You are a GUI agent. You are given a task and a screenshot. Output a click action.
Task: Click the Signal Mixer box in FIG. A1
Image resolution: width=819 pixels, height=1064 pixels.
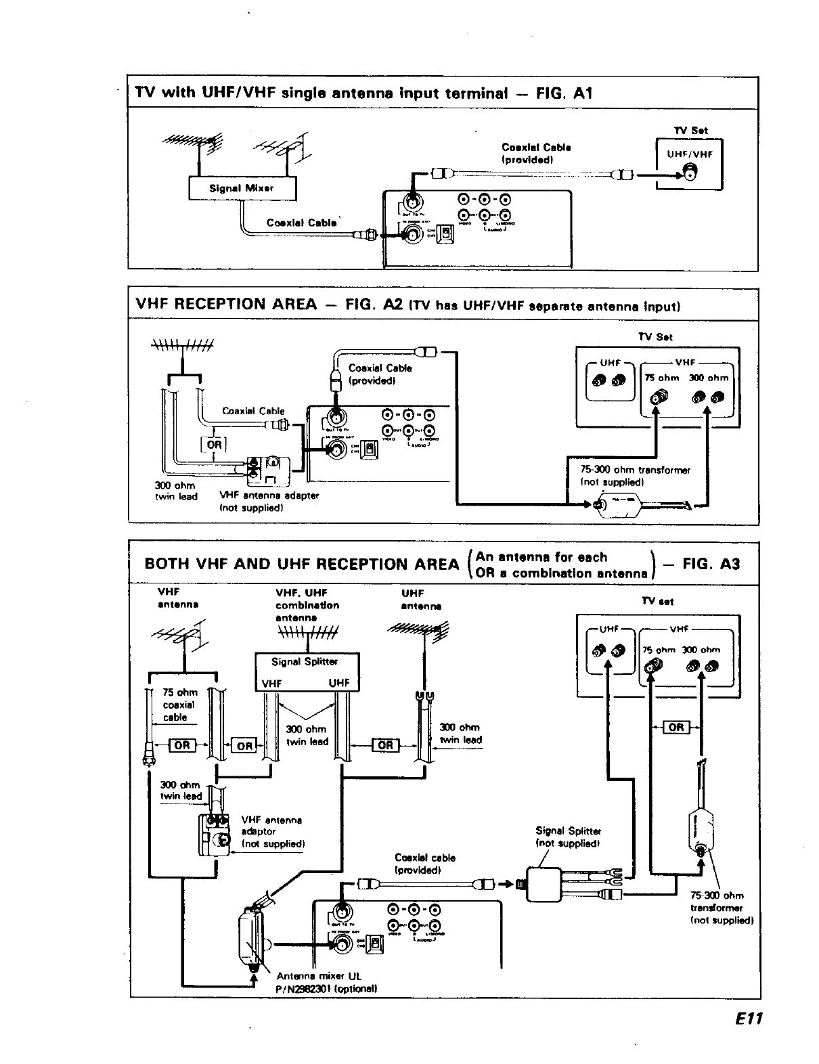click(242, 188)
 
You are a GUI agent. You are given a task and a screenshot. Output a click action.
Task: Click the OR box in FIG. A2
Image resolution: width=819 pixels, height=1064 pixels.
click(214, 444)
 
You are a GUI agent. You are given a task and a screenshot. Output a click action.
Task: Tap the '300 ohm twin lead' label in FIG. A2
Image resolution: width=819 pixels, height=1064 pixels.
click(175, 491)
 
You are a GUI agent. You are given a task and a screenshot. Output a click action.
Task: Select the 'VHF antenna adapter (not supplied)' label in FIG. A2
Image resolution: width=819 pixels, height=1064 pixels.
click(269, 501)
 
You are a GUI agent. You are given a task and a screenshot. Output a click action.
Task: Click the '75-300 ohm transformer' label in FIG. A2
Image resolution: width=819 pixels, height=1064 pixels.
click(635, 476)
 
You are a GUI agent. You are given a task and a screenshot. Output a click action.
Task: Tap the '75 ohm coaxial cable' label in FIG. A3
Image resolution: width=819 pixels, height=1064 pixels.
click(179, 705)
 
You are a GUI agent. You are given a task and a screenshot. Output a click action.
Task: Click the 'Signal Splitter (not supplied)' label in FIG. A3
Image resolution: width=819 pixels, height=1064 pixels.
click(568, 837)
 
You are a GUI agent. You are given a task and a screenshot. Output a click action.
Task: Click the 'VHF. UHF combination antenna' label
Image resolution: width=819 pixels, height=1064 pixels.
click(307, 605)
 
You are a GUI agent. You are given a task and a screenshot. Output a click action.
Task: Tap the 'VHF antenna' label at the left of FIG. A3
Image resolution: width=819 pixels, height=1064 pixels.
click(177, 598)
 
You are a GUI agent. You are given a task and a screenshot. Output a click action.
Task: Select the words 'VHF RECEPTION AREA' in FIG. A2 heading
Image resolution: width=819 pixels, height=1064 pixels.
click(226, 304)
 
